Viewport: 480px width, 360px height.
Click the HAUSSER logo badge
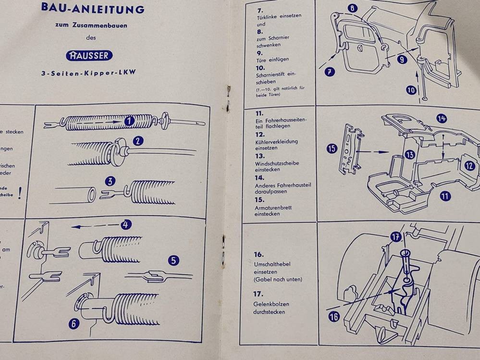[90, 55]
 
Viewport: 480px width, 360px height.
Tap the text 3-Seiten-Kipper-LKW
[89, 74]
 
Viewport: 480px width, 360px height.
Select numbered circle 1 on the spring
[128, 122]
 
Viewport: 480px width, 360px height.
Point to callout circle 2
[138, 141]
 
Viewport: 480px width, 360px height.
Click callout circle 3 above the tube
[111, 182]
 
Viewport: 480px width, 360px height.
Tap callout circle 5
[173, 261]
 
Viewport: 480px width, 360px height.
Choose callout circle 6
[74, 323]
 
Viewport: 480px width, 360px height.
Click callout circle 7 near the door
[330, 72]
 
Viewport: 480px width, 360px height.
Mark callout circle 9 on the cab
[402, 60]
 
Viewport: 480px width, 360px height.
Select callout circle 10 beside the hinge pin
[411, 90]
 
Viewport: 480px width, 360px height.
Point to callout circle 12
[469, 166]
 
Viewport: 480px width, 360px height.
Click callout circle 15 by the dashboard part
[332, 149]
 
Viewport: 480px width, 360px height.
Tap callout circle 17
[396, 237]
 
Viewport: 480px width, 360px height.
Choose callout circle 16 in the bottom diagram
[334, 316]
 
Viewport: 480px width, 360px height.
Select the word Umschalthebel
[272, 264]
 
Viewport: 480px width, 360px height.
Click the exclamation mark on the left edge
[20, 193]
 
